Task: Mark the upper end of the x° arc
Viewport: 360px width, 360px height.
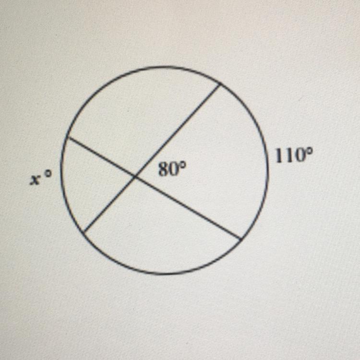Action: point(68,138)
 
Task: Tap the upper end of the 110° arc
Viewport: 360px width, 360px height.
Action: point(220,84)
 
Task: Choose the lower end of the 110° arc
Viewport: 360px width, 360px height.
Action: point(240,238)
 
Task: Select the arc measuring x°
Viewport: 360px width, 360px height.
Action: point(62,182)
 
